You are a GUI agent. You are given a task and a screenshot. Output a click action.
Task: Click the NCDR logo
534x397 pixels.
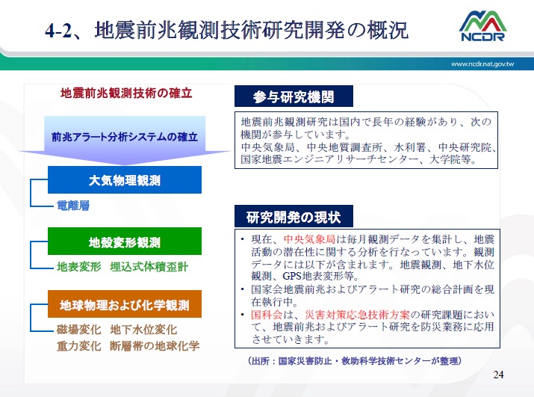tap(482, 26)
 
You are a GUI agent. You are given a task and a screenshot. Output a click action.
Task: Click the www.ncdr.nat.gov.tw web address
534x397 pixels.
tap(482, 64)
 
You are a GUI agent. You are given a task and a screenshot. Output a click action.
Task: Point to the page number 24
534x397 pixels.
tap(498, 375)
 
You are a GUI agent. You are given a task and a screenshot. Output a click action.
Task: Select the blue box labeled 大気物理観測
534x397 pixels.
tap(125, 180)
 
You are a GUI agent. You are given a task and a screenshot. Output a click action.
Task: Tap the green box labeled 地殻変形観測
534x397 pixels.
tap(125, 241)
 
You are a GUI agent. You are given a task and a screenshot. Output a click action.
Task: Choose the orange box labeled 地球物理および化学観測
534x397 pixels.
tap(125, 304)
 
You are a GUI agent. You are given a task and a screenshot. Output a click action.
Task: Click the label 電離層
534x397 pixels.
tap(73, 206)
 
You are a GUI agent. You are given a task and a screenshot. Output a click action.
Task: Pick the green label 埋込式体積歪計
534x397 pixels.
tap(149, 267)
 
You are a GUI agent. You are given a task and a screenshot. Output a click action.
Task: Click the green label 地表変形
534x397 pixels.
tap(78, 267)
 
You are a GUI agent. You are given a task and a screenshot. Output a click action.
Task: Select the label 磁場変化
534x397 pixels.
tap(78, 330)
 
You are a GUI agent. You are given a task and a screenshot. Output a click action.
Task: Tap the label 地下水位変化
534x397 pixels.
tap(143, 330)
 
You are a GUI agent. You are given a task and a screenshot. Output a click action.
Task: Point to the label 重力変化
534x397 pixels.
tap(78, 346)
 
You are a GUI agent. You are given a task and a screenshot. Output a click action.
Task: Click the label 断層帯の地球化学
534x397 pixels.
tap(155, 346)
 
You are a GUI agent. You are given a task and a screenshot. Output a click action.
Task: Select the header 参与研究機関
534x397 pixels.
tap(294, 97)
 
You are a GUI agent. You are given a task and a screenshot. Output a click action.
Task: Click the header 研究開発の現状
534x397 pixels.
tap(294, 217)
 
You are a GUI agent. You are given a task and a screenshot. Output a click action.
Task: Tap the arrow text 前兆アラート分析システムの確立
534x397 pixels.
tap(125, 137)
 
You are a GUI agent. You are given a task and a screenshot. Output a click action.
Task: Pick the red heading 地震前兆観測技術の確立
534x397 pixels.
tap(126, 93)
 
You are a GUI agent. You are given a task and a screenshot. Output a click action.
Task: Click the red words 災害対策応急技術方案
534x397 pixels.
tap(357, 315)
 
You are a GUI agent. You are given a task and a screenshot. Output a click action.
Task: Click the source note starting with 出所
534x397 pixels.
tap(355, 361)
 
